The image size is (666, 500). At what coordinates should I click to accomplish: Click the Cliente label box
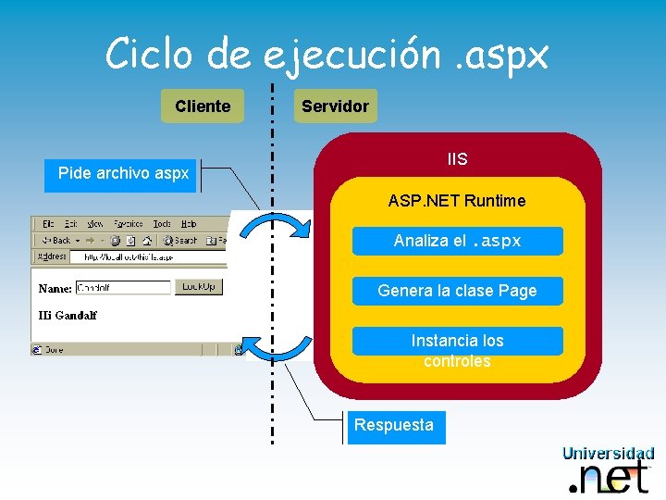202,106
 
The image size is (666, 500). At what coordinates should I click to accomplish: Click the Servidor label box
335,106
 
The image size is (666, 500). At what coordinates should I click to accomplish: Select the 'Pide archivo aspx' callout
122,173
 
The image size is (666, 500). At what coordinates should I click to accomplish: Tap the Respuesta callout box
394,426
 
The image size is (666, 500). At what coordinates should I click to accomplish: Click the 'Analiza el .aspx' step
457,241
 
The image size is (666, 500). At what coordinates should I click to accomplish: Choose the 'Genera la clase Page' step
457,291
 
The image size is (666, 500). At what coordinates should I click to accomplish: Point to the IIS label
457,159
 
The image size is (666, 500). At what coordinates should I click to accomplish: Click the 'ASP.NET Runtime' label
457,201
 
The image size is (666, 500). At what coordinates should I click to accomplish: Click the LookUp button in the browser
199,287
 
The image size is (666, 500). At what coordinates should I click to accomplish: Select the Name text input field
123,288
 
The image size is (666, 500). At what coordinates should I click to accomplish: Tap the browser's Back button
56,240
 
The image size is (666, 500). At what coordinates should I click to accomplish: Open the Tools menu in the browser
162,224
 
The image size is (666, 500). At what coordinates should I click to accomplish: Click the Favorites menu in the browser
128,224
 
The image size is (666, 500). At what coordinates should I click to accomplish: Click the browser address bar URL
129,256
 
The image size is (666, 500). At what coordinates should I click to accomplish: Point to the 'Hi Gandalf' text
68,315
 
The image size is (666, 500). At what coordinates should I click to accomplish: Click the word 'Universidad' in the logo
608,454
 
